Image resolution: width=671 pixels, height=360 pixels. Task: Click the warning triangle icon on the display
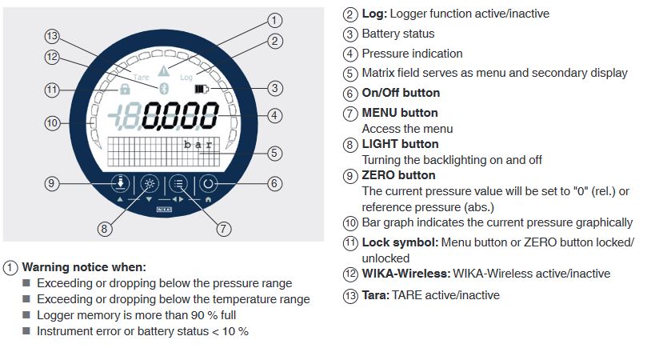164,71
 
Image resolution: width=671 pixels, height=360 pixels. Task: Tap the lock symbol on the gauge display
125,89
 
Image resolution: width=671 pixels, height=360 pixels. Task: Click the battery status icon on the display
202,89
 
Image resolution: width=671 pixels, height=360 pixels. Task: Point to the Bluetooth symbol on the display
164,89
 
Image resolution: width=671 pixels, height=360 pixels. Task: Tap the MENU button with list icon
178,184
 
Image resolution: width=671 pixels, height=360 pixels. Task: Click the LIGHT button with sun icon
150,184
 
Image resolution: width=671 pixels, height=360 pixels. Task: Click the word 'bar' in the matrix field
198,144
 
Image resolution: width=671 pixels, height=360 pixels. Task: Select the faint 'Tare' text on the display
141,78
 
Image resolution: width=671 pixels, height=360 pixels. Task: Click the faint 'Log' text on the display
186,77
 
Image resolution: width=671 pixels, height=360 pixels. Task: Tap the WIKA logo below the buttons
164,210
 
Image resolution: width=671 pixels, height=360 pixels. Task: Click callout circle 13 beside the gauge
52,36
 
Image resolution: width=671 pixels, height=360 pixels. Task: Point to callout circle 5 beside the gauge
275,154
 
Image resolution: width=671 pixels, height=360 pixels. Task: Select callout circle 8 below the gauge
104,229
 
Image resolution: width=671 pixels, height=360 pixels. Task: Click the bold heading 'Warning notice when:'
84,267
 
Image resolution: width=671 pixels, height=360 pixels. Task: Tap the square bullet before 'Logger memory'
26,315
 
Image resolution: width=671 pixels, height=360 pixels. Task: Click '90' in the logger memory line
198,315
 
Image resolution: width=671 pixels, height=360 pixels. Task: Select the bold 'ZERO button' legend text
398,175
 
